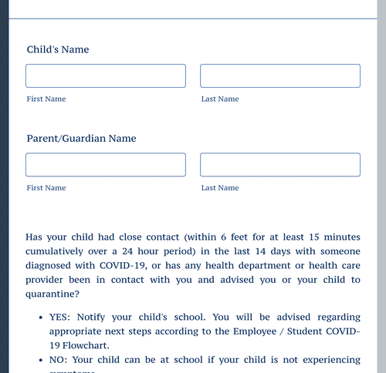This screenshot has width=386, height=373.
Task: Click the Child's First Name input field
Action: pyautogui.click(x=106, y=76)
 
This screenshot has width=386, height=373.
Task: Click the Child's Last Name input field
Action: pyautogui.click(x=280, y=76)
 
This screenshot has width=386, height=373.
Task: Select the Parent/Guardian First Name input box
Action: pyautogui.click(x=106, y=165)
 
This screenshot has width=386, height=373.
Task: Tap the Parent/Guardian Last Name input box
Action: pyautogui.click(x=280, y=165)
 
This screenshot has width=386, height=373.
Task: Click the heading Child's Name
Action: pyautogui.click(x=58, y=49)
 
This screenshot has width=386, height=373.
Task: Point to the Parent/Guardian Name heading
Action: pyautogui.click(x=81, y=139)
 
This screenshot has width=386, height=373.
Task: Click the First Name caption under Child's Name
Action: pyautogui.click(x=46, y=99)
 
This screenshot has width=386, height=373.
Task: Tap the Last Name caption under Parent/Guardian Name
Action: pyautogui.click(x=220, y=188)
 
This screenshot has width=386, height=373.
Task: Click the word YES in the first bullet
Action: pyautogui.click(x=59, y=318)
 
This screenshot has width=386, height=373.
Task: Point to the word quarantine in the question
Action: pyautogui.click(x=52, y=294)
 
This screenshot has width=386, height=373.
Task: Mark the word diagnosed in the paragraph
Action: pyautogui.click(x=52, y=266)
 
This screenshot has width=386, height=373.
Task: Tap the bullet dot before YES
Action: pyautogui.click(x=39, y=318)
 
